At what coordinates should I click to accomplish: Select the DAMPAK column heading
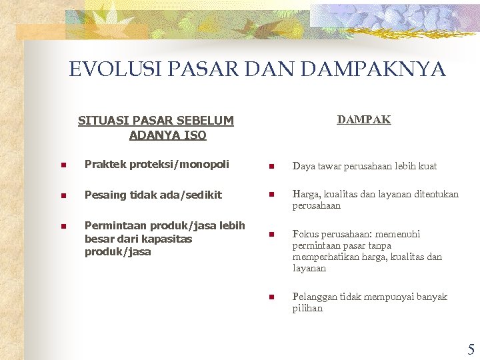tap(363, 120)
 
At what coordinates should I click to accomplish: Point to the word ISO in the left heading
tap(197, 135)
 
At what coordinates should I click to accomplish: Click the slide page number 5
tap(471, 350)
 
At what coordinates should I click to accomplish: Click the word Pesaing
tap(105, 195)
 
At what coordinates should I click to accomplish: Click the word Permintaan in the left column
tap(113, 226)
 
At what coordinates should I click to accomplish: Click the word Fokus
tap(305, 234)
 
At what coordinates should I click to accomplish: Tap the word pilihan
tap(307, 309)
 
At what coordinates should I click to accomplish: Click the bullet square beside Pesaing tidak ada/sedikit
tap(63, 196)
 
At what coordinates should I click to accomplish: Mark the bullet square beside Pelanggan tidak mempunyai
tap(271, 297)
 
